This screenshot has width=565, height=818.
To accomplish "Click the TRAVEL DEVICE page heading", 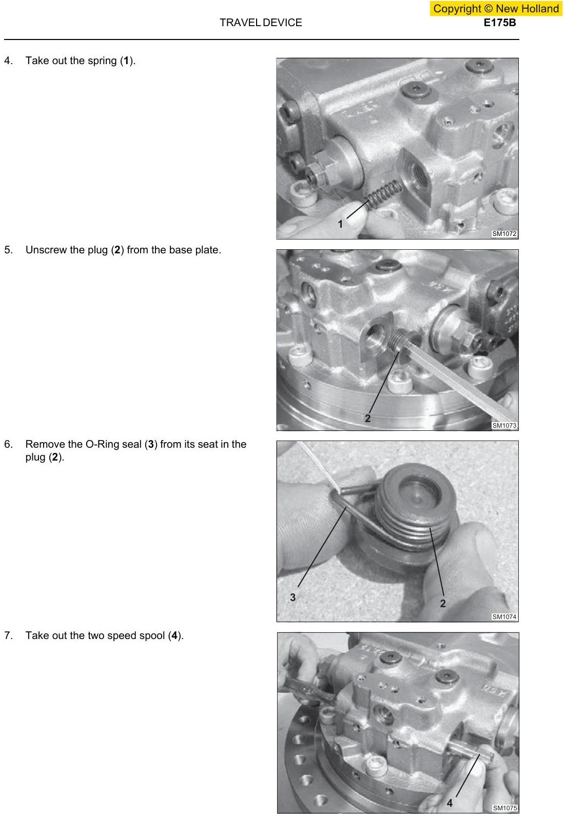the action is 261,23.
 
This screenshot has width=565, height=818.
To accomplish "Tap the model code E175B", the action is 500,23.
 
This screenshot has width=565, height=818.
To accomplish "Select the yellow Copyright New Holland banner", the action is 496,8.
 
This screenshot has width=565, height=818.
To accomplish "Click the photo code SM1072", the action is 504,234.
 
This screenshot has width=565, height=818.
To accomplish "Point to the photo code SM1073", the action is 504,426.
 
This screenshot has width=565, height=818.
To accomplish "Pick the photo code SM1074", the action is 504,617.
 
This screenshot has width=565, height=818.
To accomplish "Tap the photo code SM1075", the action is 504,808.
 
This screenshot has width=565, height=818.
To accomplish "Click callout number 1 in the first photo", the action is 340,224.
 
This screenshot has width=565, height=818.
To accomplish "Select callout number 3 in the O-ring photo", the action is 293,597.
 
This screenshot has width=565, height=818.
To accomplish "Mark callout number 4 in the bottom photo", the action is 450,804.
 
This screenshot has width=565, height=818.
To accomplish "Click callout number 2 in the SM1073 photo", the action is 367,418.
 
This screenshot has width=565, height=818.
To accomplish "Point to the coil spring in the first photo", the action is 384,195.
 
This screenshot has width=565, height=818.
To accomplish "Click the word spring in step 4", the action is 99,61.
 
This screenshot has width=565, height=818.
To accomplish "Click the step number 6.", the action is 8,445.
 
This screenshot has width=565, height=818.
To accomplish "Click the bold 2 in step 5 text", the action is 118,250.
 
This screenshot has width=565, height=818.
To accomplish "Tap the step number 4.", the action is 8,61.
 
